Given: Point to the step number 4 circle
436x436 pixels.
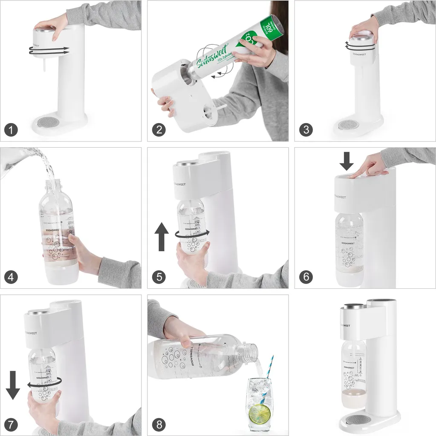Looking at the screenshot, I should click(11, 277).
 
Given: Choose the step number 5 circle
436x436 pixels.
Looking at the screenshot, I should click(159, 277).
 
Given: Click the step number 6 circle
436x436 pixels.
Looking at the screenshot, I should click(306, 277).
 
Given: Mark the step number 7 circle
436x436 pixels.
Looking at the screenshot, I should click(11, 424).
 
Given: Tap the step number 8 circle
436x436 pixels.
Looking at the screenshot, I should click(159, 424).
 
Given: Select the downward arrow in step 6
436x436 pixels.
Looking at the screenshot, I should click(346, 161).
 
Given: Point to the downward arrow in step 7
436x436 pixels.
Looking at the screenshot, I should click(13, 384).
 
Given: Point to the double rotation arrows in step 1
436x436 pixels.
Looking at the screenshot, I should click(49, 51).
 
